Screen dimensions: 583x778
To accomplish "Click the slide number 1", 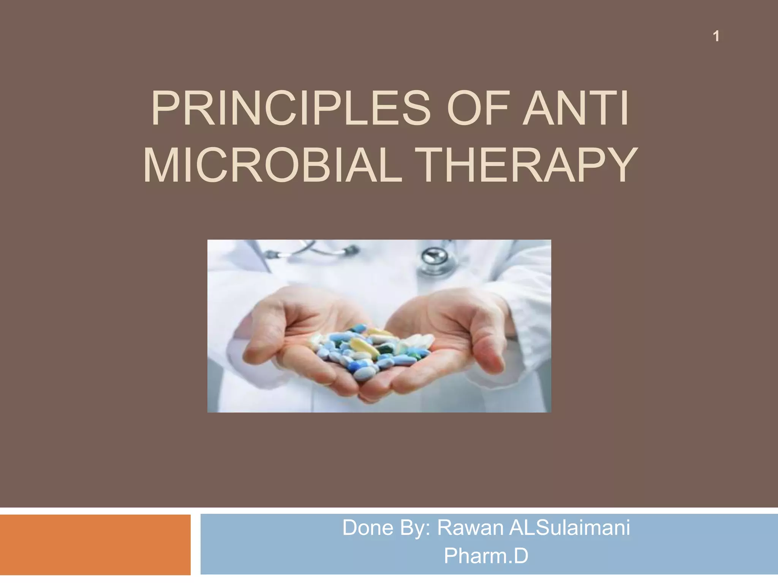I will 716,36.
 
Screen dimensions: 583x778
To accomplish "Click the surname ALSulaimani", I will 569,528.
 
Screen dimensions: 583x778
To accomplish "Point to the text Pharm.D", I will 486,556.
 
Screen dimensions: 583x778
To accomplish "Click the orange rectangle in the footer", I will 95,545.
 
